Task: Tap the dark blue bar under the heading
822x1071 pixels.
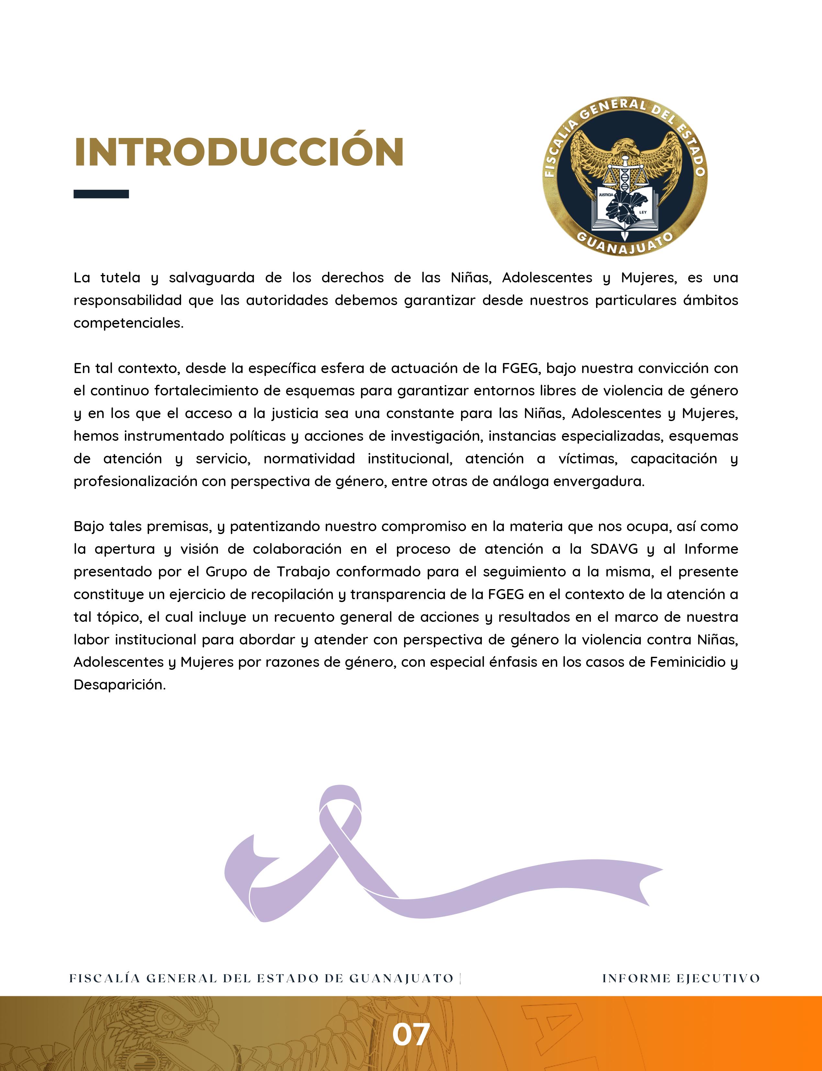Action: [101, 194]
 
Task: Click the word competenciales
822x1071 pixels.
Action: [128, 323]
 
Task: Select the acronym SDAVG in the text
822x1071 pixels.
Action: [614, 549]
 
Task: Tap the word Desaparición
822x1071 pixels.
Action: [119, 685]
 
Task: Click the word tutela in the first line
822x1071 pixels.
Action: [120, 278]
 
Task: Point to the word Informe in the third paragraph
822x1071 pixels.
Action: [711, 549]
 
